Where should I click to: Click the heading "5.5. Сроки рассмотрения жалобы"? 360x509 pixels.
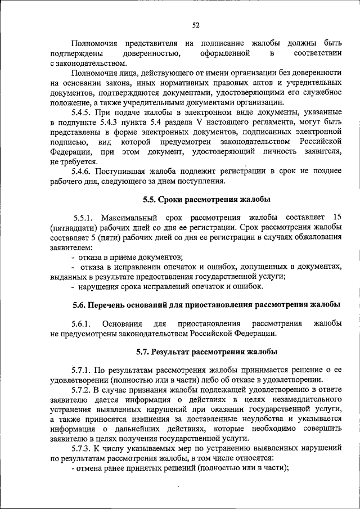click(x=206, y=199)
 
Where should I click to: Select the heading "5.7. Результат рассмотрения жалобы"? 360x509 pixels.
click(x=206, y=353)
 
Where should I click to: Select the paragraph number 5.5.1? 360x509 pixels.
click(x=84, y=218)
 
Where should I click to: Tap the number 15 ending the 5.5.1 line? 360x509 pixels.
click(x=337, y=218)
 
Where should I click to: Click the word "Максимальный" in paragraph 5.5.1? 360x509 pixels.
click(x=134, y=218)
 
